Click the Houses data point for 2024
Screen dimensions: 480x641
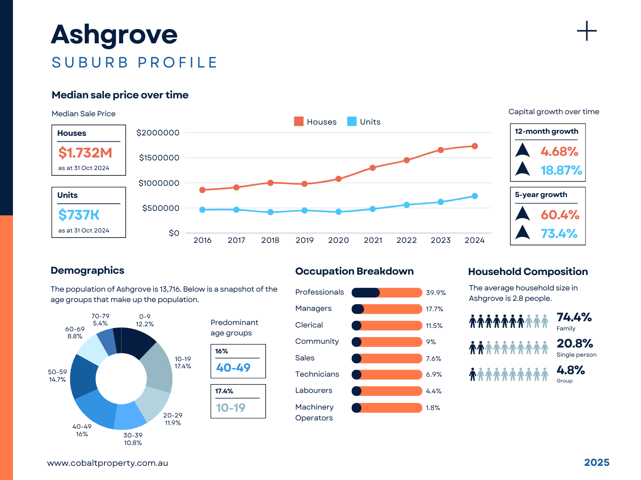coord(474,146)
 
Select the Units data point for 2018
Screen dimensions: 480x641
coord(270,212)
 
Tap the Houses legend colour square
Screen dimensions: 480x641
coord(299,121)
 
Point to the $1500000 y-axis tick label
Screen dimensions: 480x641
coord(159,158)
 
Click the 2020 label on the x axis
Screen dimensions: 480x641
coord(338,240)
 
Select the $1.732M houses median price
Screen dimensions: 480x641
coord(85,153)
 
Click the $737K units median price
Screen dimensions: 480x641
coord(79,215)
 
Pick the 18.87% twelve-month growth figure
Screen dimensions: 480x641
coord(561,170)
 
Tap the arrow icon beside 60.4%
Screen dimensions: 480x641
coord(522,214)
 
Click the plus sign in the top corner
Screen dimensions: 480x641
coord(587,31)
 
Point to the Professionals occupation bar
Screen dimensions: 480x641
coord(387,292)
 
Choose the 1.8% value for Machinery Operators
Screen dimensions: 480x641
coord(433,408)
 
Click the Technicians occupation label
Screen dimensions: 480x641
coord(317,374)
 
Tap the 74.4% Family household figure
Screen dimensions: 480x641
coord(574,317)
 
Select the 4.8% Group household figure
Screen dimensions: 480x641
coord(570,370)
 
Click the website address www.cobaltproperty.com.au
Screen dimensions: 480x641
coord(108,463)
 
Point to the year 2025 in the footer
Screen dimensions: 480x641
coord(596,462)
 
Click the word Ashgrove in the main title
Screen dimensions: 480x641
coord(114,35)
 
